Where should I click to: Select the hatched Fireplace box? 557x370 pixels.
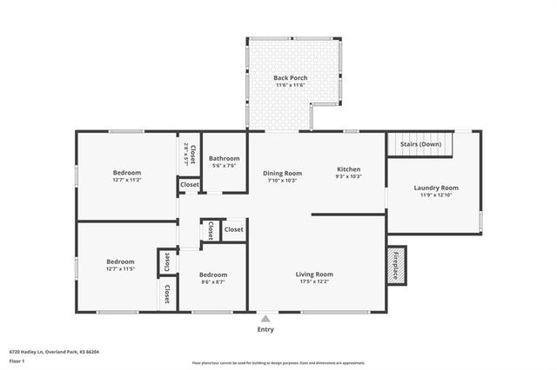click(395, 264)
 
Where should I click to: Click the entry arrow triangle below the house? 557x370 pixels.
click(265, 319)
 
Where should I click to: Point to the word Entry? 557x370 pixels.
click(265, 329)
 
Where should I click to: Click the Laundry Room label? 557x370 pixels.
click(436, 188)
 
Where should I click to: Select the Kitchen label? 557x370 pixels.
click(348, 169)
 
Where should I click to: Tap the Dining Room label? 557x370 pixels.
click(283, 173)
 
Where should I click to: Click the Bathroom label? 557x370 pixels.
click(224, 158)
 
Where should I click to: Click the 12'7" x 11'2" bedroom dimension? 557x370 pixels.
click(126, 180)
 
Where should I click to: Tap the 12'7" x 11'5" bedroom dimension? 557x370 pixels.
click(120, 269)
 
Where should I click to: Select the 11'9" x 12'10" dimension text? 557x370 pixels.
click(436, 195)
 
